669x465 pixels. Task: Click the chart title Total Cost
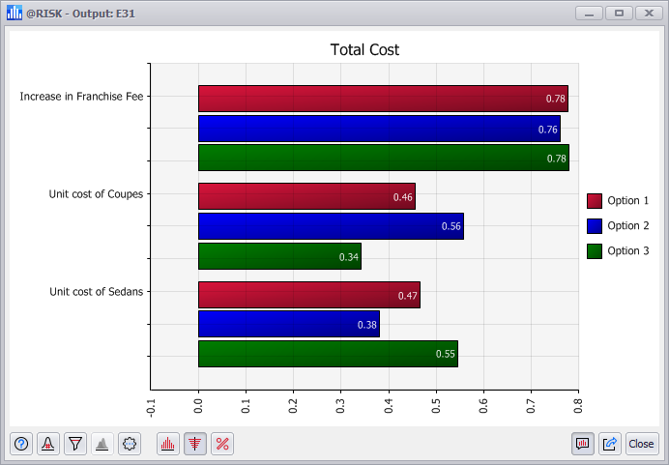(364, 50)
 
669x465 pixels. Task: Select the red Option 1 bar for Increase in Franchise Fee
(383, 99)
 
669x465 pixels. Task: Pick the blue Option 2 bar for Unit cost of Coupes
(331, 226)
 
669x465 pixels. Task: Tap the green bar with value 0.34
(279, 256)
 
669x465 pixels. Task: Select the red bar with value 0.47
(308, 295)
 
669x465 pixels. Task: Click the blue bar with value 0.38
(288, 324)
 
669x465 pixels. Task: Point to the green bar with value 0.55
(328, 354)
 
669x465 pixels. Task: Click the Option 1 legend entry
(618, 201)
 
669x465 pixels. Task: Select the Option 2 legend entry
(618, 226)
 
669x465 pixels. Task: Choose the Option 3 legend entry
(618, 251)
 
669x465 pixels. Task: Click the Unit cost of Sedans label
(96, 291)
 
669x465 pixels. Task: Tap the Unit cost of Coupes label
(96, 194)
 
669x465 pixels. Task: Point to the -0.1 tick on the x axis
(151, 404)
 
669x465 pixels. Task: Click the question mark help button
(21, 444)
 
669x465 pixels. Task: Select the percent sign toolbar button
(222, 444)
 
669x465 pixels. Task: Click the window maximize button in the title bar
(619, 13)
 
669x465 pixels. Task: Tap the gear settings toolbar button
(130, 444)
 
